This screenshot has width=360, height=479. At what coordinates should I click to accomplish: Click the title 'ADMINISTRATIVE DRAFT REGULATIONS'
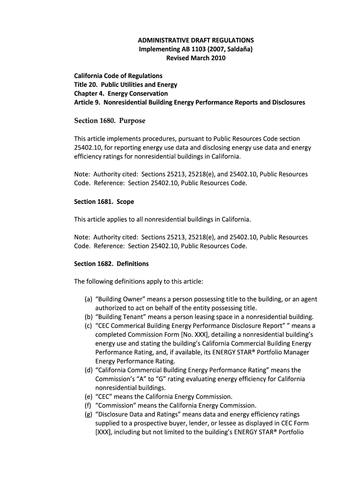196,40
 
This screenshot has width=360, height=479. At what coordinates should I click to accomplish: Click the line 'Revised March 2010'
196,58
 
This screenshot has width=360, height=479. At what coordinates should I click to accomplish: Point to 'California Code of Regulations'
118,76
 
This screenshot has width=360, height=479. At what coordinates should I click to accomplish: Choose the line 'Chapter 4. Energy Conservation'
121,94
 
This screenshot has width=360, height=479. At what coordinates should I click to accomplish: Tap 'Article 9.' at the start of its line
87,102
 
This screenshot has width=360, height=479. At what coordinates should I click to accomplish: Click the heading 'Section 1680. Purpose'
110,121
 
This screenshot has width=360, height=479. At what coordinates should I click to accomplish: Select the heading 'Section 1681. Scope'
104,202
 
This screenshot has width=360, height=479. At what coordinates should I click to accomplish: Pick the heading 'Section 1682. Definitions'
111,264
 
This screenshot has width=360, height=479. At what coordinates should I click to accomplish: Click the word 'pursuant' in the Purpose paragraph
199,139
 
